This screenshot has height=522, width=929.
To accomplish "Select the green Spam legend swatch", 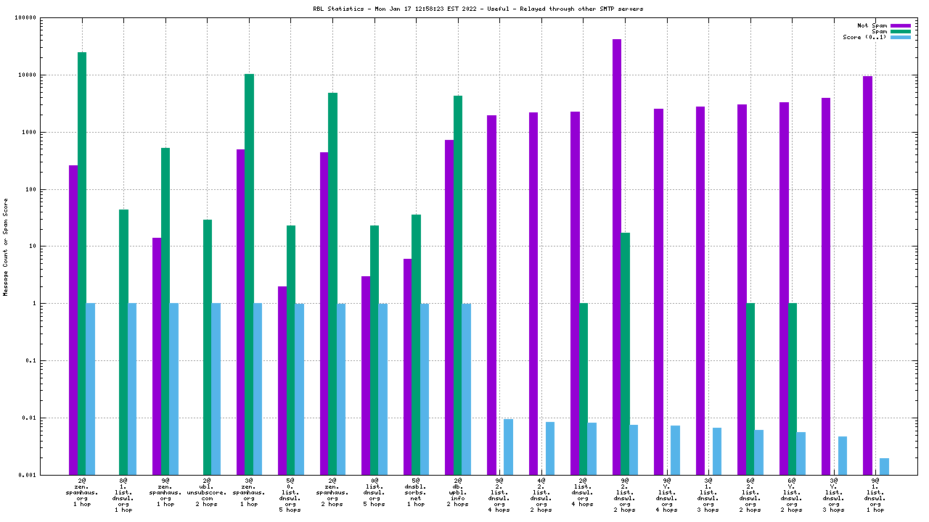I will [900, 31].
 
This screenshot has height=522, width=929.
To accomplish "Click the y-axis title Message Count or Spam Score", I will [7, 246].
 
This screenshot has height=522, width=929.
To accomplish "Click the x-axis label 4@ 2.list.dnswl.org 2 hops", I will [541, 494].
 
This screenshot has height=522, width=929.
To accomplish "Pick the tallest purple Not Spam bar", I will [617, 257].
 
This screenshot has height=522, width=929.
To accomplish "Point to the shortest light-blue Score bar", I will [884, 466].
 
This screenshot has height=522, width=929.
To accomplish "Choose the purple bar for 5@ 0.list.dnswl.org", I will [282, 380].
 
